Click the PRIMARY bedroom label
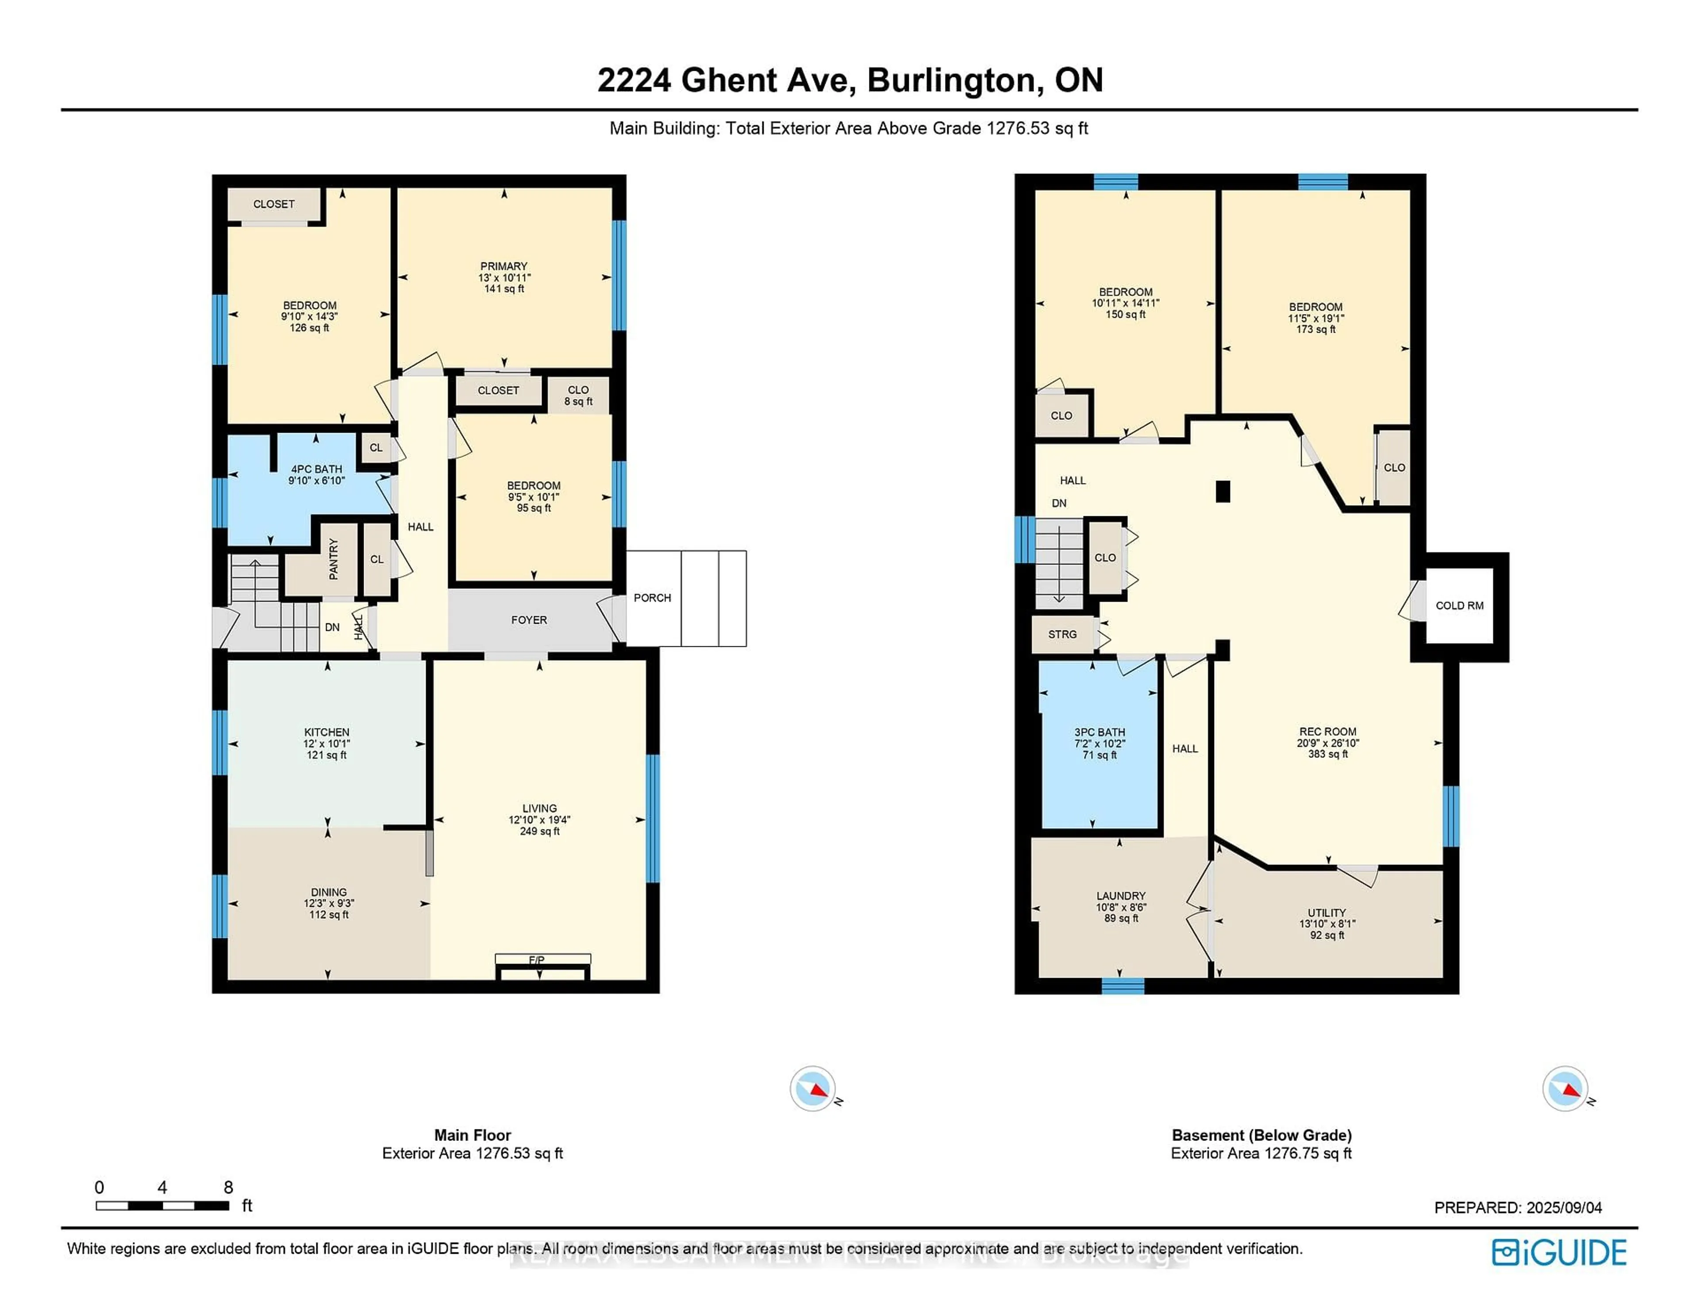tap(504, 266)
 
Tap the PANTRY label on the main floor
tap(334, 558)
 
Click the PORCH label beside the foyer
tap(652, 597)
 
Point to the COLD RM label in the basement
tap(1459, 605)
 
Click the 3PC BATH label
tap(1099, 732)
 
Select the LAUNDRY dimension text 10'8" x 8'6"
tap(1121, 907)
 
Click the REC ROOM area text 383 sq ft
tap(1327, 754)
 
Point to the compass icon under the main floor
tap(813, 1088)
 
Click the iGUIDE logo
tap(1559, 1252)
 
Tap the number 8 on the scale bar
tap(228, 1187)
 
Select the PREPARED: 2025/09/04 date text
tap(1518, 1207)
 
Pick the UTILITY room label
tap(1326, 912)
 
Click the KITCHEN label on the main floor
tap(327, 732)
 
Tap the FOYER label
tap(529, 620)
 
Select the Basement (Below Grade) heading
tap(1261, 1135)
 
